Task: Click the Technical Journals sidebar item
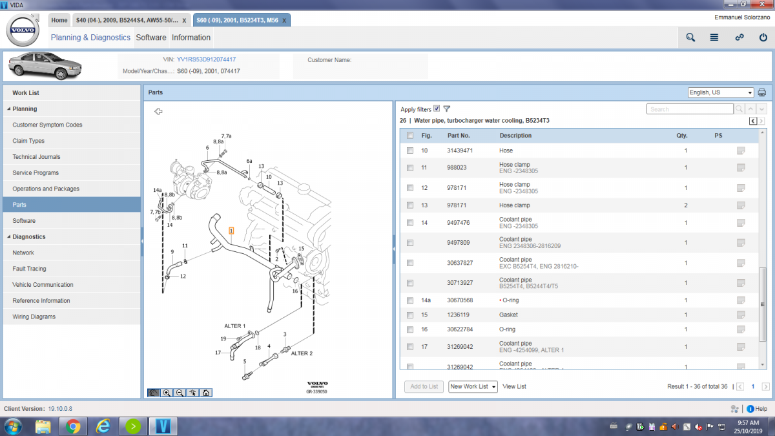pos(36,157)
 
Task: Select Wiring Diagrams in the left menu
pos(34,317)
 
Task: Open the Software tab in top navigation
pos(150,37)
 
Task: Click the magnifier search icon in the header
pos(690,37)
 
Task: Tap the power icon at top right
pos(763,37)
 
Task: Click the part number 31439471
pos(460,151)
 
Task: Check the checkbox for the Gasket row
pos(409,315)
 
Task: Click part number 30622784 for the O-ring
pos(460,329)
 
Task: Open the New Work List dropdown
pos(473,386)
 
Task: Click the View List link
pos(514,386)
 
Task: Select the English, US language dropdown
pos(721,92)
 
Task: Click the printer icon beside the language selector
pos(762,92)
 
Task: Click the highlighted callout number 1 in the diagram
pos(231,230)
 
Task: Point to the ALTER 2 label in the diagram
pos(302,353)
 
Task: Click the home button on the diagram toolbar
pos(205,392)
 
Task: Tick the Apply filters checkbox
pos(437,109)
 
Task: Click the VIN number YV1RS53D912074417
pos(206,59)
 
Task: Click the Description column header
pos(515,136)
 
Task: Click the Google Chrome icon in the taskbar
pos(73,426)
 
